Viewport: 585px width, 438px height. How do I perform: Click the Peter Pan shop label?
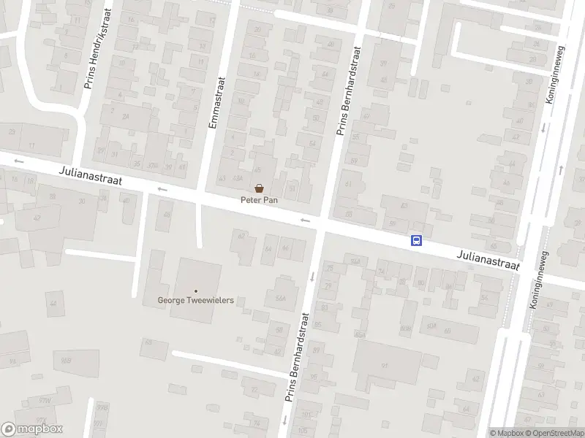(x=259, y=200)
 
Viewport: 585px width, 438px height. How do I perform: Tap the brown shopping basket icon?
(x=259, y=188)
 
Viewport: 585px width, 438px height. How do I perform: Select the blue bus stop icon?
(x=416, y=240)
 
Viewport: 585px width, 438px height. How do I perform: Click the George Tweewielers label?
(x=196, y=300)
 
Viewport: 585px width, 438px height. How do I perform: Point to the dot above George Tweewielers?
(x=196, y=291)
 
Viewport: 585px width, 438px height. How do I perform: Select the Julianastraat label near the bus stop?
(x=488, y=261)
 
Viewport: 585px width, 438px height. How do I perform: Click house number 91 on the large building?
(x=384, y=365)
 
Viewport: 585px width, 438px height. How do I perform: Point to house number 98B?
(x=66, y=361)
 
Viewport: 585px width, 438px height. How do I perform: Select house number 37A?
(x=153, y=165)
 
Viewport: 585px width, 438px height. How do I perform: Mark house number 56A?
(x=279, y=298)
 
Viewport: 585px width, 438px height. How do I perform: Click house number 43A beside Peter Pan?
(x=236, y=178)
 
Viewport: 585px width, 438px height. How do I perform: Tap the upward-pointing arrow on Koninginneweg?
(x=561, y=169)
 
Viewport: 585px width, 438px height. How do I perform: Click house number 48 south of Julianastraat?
(x=167, y=214)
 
